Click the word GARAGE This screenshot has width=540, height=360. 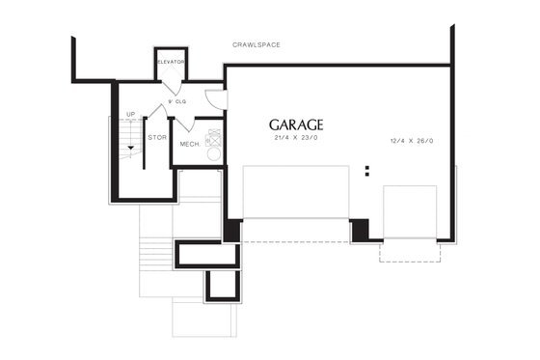(x=296, y=125)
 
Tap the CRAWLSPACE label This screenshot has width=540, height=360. (x=256, y=45)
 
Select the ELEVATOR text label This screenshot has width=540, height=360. (x=171, y=62)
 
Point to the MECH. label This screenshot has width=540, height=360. (x=189, y=145)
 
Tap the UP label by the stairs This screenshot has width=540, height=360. (x=130, y=115)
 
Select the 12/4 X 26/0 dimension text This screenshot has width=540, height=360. (x=412, y=141)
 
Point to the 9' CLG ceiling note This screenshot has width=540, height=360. (x=176, y=99)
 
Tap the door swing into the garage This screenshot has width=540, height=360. (x=216, y=98)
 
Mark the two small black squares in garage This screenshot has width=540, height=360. (x=367, y=172)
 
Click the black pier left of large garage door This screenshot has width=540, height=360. (x=232, y=231)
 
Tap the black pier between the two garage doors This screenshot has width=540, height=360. (x=360, y=231)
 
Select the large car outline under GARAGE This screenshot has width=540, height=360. (x=295, y=192)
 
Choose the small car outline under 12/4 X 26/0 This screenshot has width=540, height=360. (x=410, y=212)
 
